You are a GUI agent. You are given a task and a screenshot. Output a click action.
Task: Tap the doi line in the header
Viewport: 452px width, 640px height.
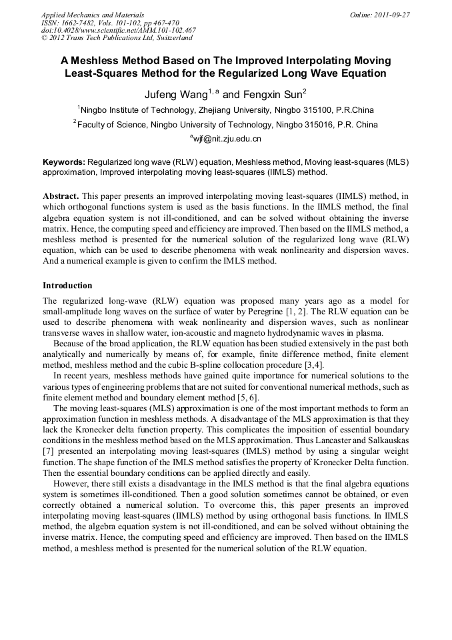118,30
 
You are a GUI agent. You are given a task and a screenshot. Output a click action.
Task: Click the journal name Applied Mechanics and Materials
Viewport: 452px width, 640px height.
93,15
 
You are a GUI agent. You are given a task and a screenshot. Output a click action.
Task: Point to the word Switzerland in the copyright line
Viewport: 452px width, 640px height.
170,38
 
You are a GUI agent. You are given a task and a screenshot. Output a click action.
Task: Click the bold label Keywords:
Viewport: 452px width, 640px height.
64,162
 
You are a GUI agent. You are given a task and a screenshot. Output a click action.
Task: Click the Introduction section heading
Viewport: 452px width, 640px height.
67,286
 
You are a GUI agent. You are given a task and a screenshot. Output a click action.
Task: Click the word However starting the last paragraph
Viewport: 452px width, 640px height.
72,483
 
